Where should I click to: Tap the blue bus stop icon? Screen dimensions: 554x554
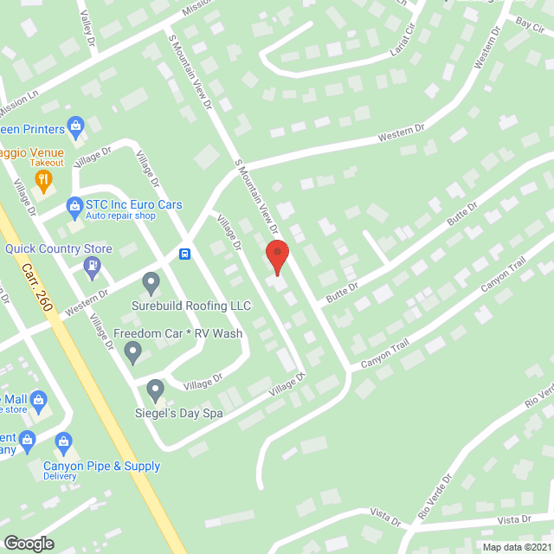tap(184, 254)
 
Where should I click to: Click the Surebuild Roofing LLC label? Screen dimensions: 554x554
tap(191, 306)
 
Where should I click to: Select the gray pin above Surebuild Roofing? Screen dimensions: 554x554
tap(151, 281)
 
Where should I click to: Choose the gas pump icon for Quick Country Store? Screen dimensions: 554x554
tap(92, 268)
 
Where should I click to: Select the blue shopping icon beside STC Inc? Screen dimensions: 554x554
tap(74, 206)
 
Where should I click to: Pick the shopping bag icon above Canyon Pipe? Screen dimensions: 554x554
tap(62, 443)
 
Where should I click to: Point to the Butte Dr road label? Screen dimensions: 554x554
tap(462, 215)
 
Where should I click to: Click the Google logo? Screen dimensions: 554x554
tap(29, 543)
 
